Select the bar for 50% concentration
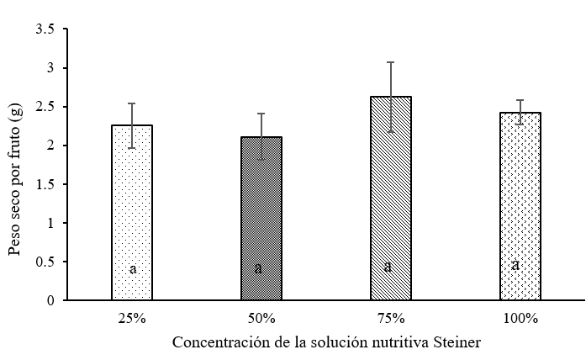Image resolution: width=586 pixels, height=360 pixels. point(261,218)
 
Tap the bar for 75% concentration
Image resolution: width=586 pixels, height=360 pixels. point(391,198)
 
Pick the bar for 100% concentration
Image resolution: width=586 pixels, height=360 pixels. point(520,206)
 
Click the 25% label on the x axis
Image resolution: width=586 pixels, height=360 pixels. point(132,318)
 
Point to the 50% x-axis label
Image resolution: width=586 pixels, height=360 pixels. point(261,318)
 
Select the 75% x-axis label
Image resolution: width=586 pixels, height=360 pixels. point(391,318)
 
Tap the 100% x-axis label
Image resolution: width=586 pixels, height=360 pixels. point(520,318)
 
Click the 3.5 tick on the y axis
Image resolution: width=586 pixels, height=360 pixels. point(47,29)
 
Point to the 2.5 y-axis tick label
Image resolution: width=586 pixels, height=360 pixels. point(47,107)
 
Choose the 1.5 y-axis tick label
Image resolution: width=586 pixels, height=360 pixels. point(47,184)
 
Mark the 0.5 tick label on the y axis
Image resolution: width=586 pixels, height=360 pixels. point(47,262)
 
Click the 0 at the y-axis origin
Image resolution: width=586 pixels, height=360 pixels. point(52,300)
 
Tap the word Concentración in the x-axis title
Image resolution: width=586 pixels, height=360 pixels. point(214,343)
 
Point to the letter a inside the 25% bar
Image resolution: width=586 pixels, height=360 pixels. point(133,268)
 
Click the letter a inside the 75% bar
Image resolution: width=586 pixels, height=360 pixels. point(388,267)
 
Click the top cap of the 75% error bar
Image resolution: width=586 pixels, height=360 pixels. point(391,62)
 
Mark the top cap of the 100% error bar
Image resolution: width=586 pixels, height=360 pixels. point(520,100)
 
